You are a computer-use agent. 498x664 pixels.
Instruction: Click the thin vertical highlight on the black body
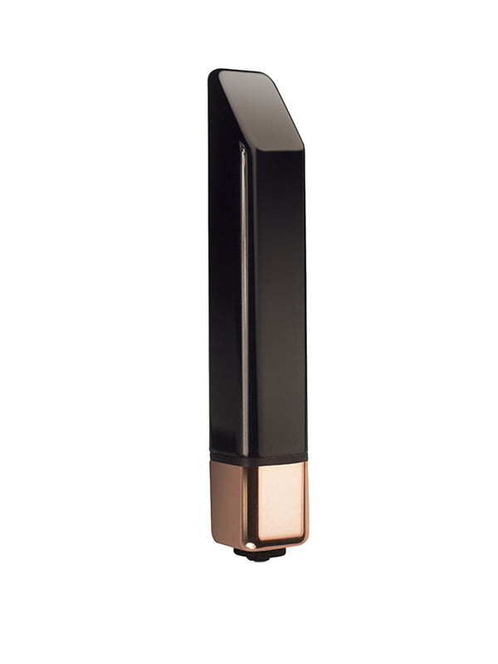(x=243, y=290)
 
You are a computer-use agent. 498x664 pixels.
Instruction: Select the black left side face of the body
(x=225, y=290)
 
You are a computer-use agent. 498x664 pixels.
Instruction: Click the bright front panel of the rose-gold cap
(x=278, y=502)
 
